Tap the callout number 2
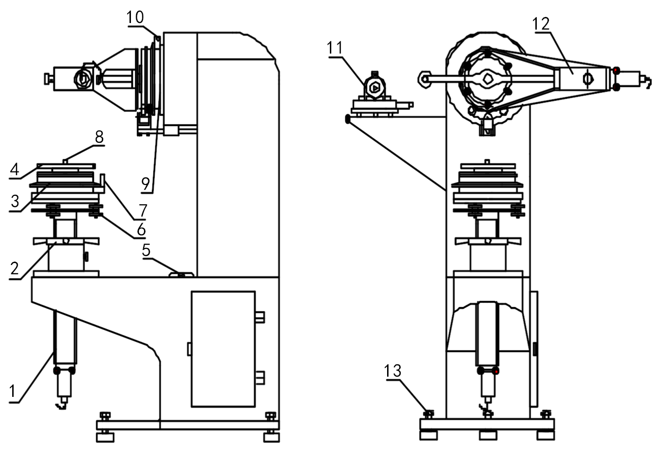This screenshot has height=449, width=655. [x=15, y=268]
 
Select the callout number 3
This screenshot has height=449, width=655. [x=15, y=201]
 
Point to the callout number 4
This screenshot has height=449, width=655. [x=15, y=169]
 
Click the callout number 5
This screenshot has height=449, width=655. [x=146, y=250]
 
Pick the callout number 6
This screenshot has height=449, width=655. [x=141, y=230]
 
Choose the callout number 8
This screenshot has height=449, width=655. [x=99, y=137]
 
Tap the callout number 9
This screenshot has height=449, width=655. [x=146, y=184]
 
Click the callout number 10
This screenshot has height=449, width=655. [x=135, y=18]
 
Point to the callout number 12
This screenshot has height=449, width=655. [x=541, y=23]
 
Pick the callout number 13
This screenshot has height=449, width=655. [x=393, y=371]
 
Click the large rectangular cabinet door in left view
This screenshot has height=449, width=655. [x=223, y=348]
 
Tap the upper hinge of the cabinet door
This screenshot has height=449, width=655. [x=259, y=317]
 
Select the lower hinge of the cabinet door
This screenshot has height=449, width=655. [x=259, y=377]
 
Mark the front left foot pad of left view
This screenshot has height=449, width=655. [x=105, y=437]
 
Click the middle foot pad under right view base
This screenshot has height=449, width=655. [x=488, y=435]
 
